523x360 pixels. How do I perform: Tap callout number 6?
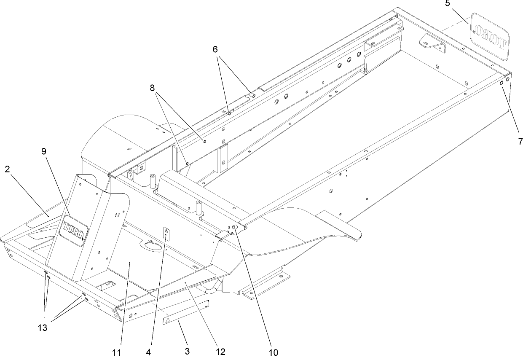215,49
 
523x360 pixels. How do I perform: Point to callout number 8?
152,88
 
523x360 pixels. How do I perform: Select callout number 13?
44,327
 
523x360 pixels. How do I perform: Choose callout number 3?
187,351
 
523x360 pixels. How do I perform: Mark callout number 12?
220,351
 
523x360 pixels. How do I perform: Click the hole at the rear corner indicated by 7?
502,83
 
